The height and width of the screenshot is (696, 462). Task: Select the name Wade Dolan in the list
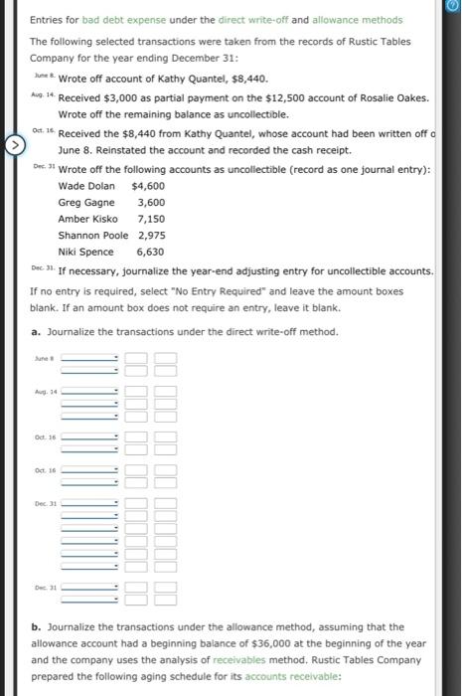click(x=85, y=186)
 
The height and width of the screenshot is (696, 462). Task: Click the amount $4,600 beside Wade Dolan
click(x=148, y=186)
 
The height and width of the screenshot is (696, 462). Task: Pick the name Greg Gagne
click(x=85, y=202)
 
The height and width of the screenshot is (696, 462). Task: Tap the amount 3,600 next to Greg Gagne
click(x=150, y=202)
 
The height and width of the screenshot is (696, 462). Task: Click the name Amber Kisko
click(x=87, y=218)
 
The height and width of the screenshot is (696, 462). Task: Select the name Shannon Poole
click(x=92, y=235)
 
